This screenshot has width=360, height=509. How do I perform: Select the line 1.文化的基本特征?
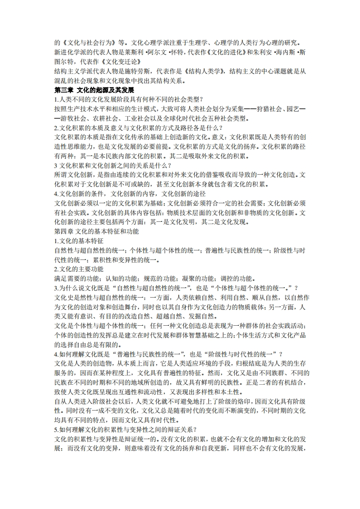point(79,241)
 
